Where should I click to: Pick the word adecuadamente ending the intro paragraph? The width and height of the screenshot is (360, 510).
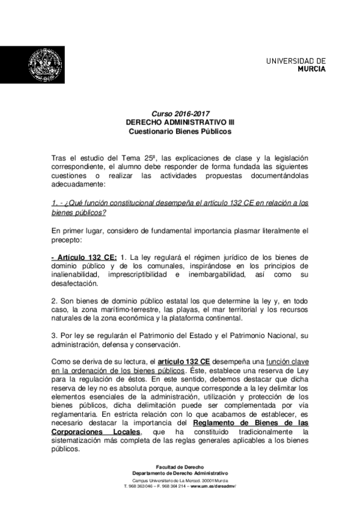(x=78, y=185)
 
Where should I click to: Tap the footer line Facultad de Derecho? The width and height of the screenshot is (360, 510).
(x=180, y=467)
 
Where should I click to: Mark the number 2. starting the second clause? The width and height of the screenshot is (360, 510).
(x=54, y=300)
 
